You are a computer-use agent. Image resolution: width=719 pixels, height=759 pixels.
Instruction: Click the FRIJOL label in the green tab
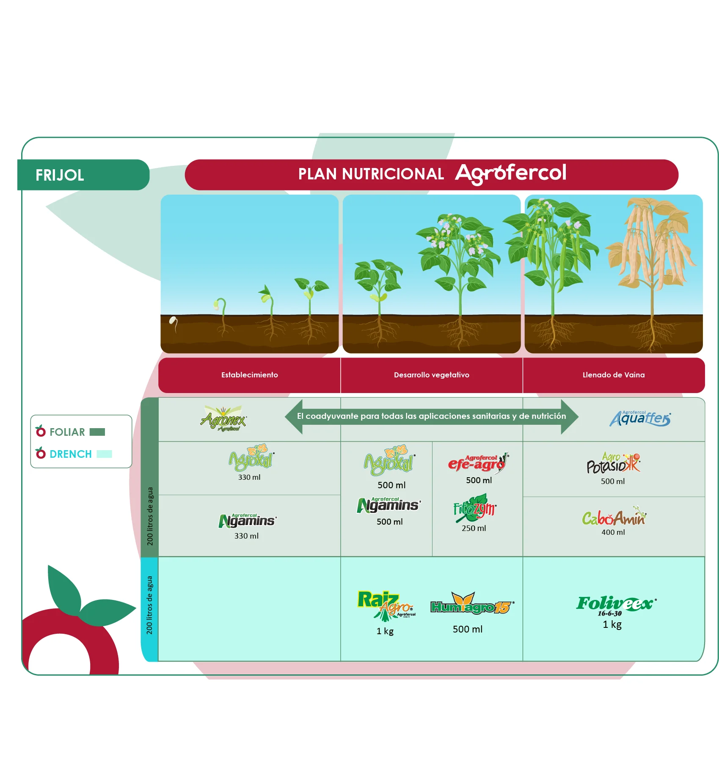pos(60,175)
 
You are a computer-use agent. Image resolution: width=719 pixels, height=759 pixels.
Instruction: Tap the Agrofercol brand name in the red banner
pos(510,173)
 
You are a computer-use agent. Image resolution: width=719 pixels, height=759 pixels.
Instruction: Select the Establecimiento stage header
pos(249,375)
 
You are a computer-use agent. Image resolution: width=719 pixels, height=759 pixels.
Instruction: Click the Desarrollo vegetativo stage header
pos(431,375)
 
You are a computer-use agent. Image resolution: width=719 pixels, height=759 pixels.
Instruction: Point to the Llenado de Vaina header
pos(613,375)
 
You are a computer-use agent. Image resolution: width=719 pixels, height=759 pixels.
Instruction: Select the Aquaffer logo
pos(639,418)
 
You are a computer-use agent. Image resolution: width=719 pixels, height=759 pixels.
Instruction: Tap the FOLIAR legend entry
pos(68,432)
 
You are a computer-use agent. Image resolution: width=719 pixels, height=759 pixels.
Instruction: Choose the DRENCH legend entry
pos(71,454)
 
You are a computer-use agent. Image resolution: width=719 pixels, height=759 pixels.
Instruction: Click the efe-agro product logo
pos(478,463)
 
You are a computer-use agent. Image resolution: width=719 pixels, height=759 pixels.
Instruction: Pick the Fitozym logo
pos(474,508)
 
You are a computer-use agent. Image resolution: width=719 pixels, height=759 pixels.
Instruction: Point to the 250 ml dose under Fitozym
pos(474,528)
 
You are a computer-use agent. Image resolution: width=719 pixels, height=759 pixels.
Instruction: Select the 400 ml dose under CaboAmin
pos(613,532)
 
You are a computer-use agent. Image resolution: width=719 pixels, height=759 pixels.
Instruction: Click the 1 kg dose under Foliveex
pos(612,624)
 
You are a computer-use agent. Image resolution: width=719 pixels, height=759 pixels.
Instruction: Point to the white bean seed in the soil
pos(173,321)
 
